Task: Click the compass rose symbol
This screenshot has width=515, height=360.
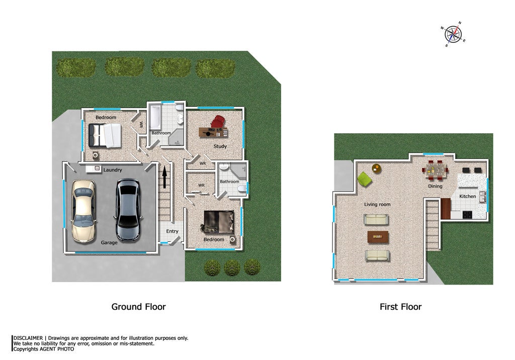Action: [x=453, y=34]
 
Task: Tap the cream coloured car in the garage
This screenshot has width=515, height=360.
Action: [x=83, y=212]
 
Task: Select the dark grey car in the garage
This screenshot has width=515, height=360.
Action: [x=128, y=209]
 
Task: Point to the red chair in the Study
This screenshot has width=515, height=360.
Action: [x=218, y=122]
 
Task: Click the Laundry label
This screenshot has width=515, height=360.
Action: [x=113, y=170]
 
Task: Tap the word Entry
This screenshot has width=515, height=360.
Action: [x=172, y=231]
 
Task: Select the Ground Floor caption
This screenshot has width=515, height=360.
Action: [x=139, y=307]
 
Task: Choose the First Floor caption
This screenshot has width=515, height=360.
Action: [x=400, y=307]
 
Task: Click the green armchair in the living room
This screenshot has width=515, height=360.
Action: [x=365, y=178]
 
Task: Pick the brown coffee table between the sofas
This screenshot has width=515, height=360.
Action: [x=378, y=236]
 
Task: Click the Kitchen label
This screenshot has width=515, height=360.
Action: [x=467, y=196]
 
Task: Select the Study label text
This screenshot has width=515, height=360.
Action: [x=220, y=146]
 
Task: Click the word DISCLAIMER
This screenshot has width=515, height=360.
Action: [x=28, y=338]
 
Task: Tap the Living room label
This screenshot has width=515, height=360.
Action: [x=377, y=204]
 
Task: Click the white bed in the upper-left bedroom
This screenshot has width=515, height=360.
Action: [x=105, y=135]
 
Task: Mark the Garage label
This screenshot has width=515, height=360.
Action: [x=109, y=242]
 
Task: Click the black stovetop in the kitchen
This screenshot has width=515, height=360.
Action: [x=467, y=215]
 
